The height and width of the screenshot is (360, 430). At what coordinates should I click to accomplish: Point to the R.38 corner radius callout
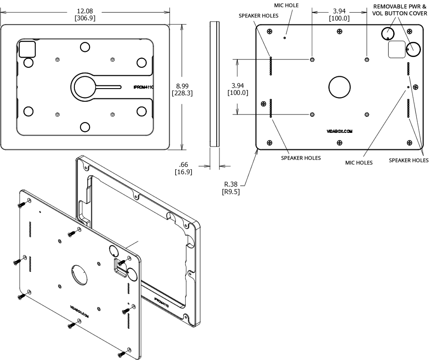(x=231, y=184)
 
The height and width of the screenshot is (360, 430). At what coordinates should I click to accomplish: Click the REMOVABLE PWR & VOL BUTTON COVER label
(x=400, y=10)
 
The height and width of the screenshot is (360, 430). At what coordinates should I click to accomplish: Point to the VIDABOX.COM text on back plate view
(x=339, y=132)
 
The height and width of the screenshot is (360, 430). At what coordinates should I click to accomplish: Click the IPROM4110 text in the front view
(x=144, y=87)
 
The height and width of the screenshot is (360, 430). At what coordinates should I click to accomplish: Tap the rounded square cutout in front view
(x=26, y=49)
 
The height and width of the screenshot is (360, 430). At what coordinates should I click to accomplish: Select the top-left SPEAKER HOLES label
(x=258, y=16)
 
